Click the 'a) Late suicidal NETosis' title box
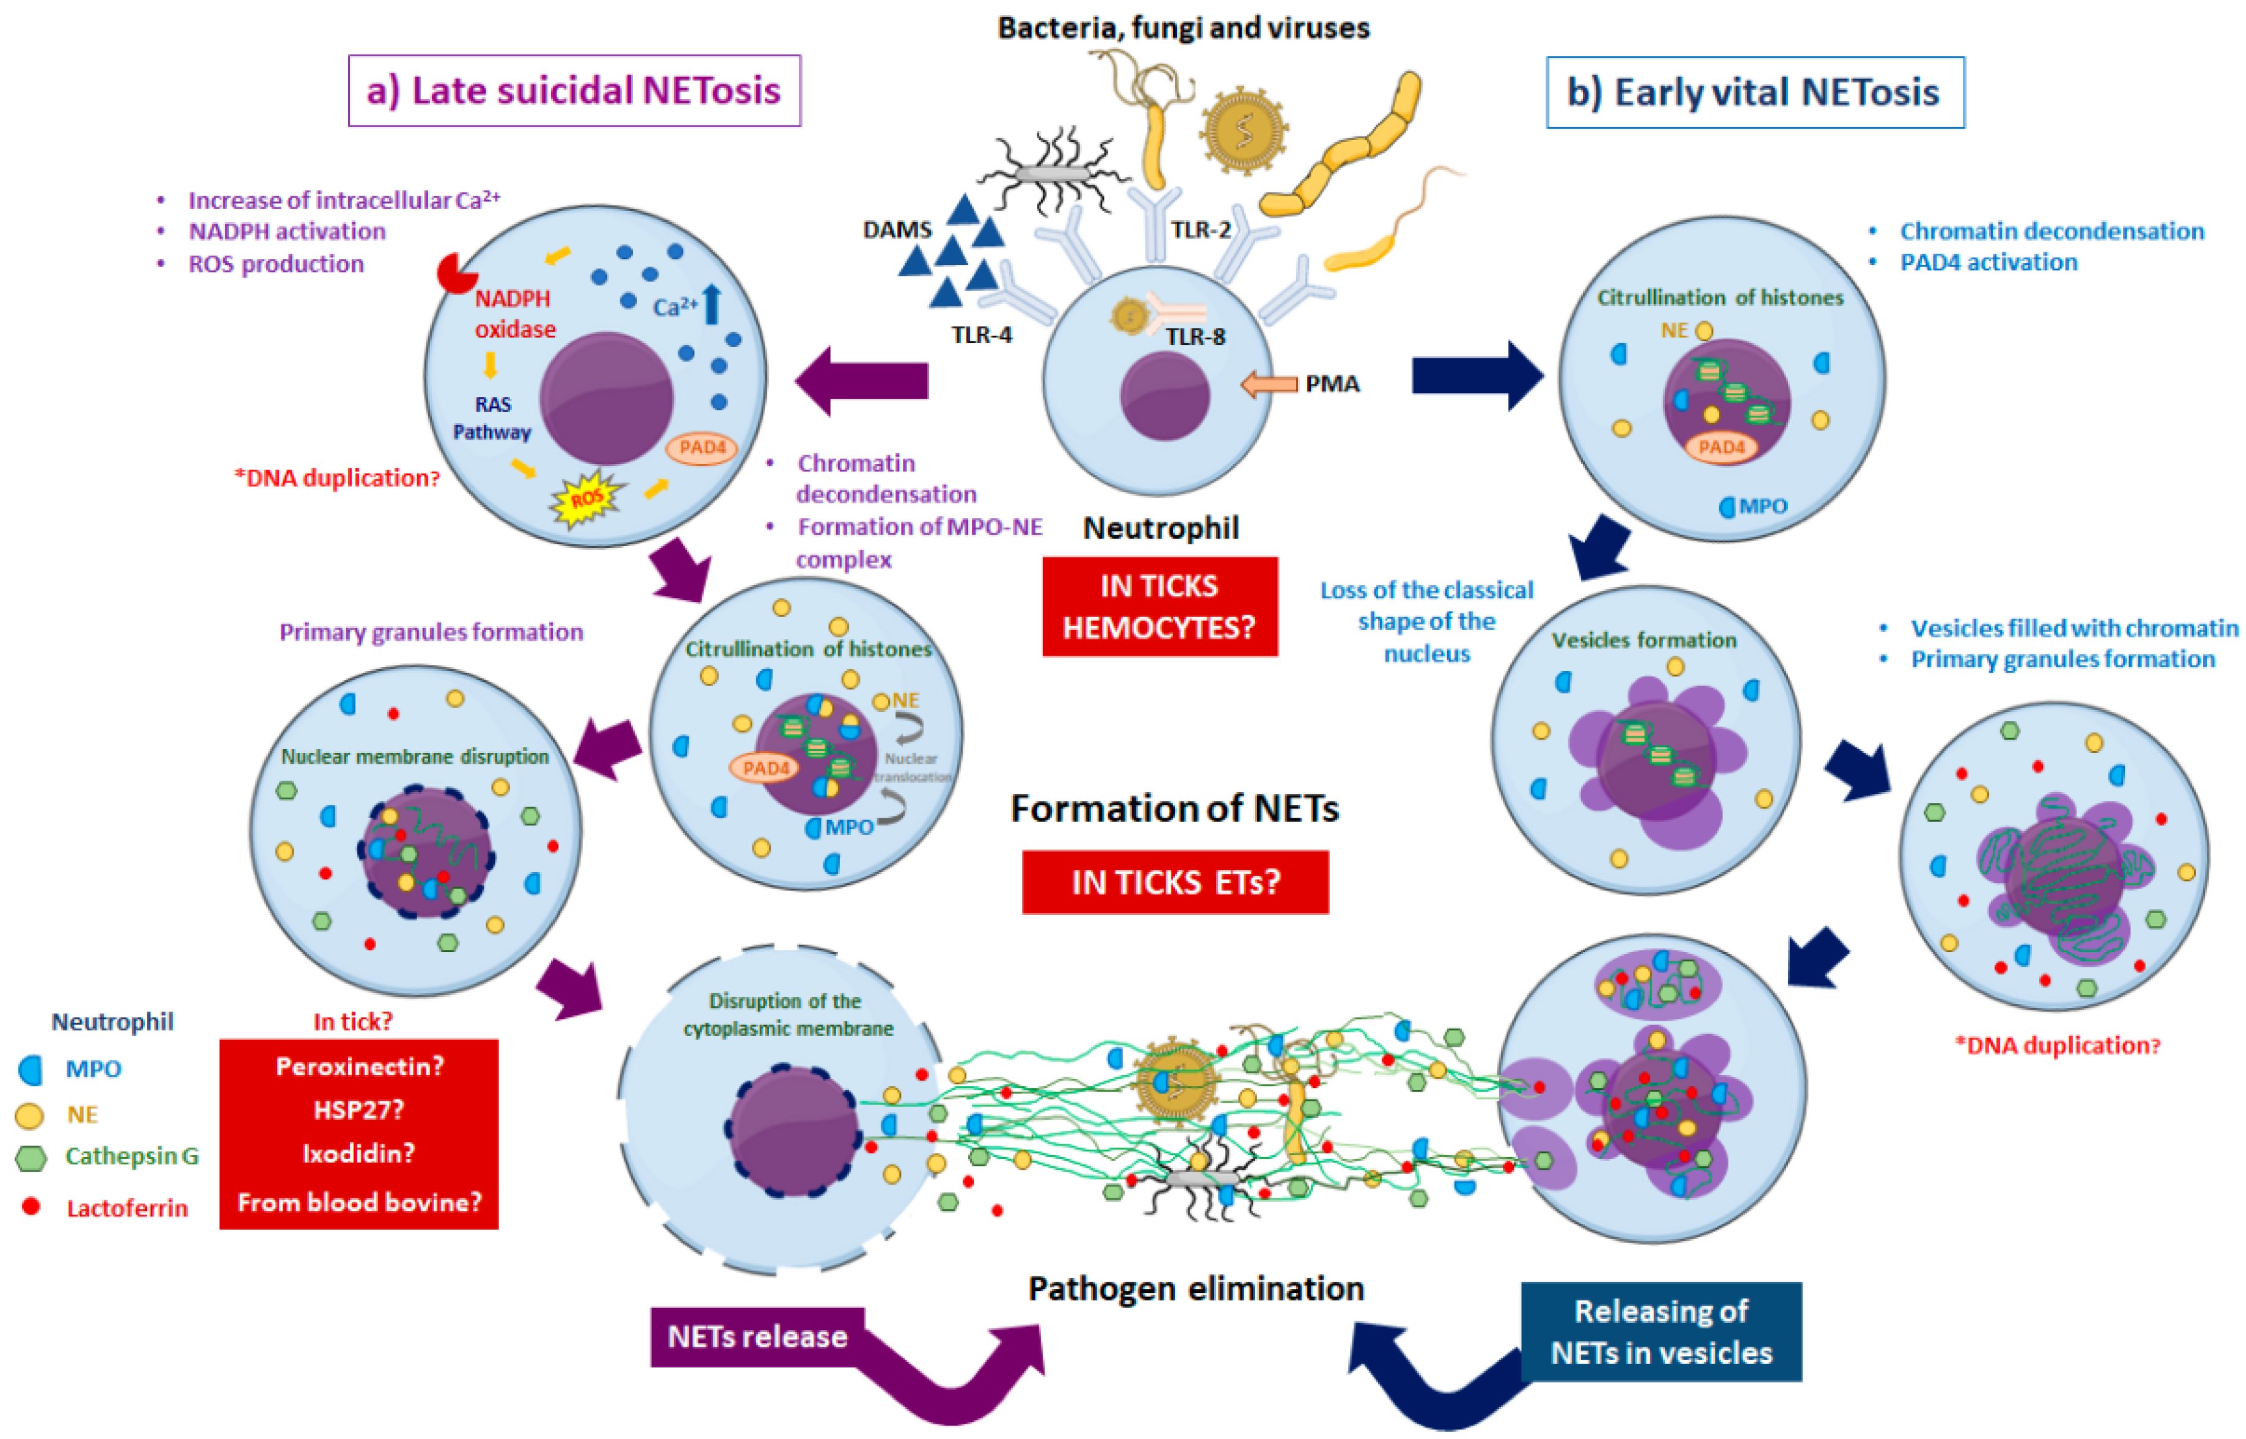(x=574, y=91)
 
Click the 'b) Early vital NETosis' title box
(x=1755, y=92)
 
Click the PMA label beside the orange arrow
(x=1332, y=384)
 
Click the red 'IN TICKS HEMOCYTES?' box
(x=1160, y=607)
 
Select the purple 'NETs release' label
(x=757, y=1336)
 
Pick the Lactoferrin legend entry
(x=126, y=1208)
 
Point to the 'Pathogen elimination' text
(x=1196, y=1289)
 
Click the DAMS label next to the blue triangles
(x=897, y=230)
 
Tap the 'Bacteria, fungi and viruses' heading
(x=1183, y=28)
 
